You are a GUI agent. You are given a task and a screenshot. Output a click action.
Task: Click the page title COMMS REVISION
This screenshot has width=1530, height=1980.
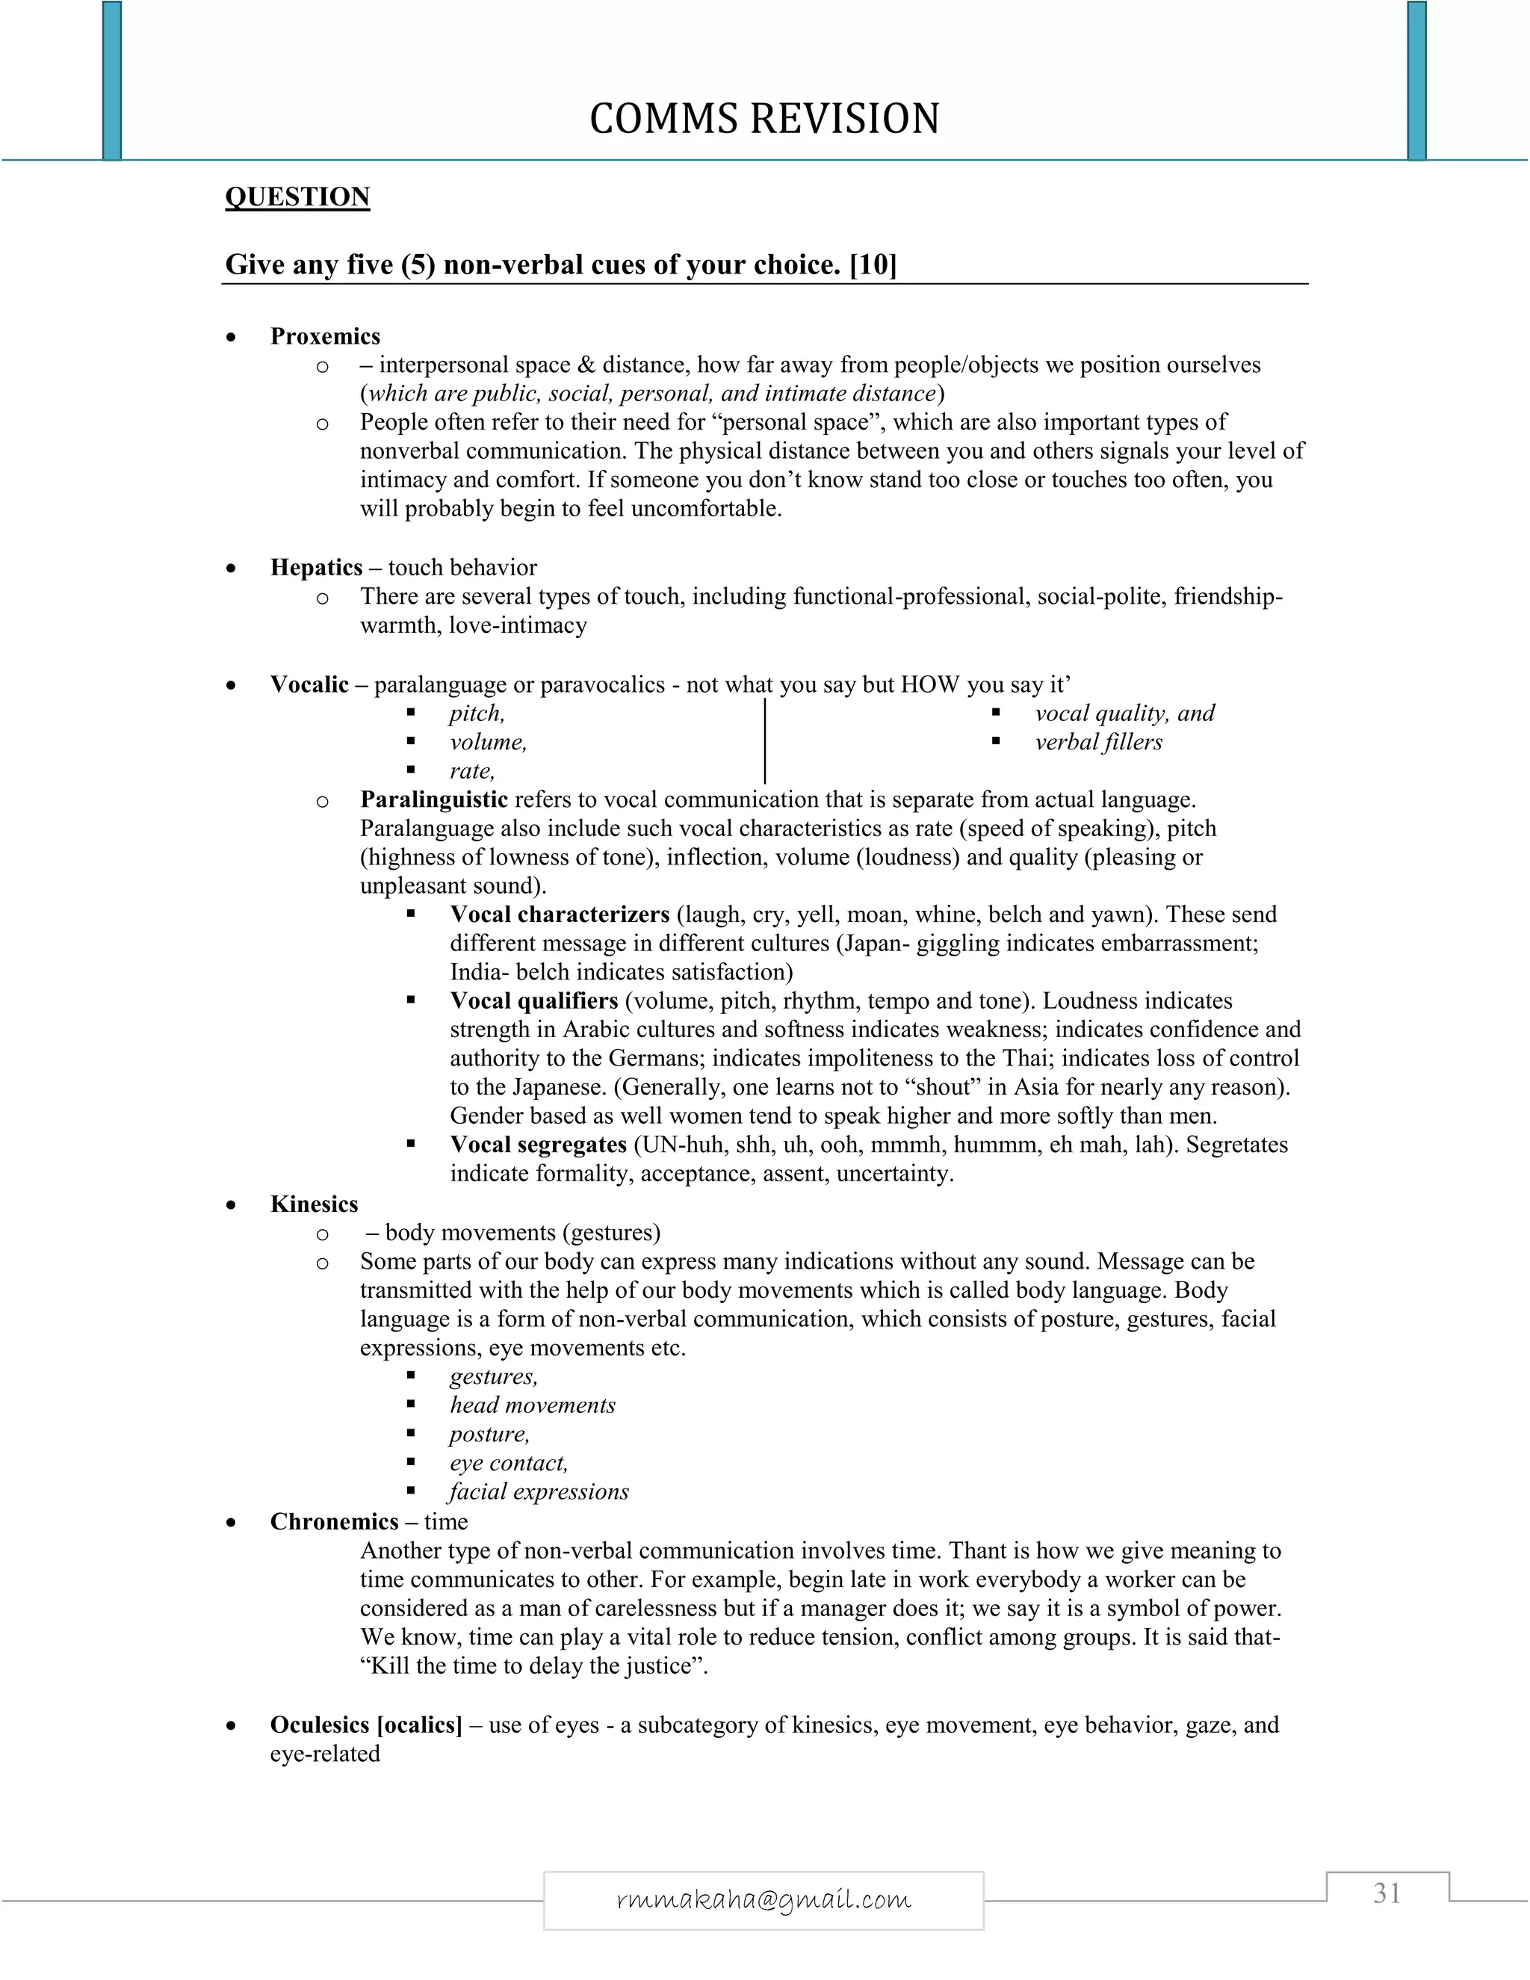tap(764, 119)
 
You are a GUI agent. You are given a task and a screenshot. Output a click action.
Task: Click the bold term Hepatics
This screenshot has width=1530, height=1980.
tap(315, 568)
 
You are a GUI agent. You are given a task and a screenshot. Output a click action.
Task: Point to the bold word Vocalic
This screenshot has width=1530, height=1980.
tap(309, 684)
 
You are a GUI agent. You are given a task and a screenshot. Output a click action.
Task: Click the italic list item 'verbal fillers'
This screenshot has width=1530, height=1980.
tap(1098, 743)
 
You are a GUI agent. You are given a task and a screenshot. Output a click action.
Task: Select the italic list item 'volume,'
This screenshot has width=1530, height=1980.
tap(488, 743)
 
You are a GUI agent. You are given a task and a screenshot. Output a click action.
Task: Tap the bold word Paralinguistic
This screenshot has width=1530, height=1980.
tap(433, 799)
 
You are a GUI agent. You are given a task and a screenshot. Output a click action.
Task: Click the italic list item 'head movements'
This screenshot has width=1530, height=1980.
tap(532, 1405)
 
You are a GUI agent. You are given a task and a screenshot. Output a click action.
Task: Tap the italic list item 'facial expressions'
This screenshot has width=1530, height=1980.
tap(539, 1491)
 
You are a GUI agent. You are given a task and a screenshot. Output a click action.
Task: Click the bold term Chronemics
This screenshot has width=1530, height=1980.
tap(333, 1521)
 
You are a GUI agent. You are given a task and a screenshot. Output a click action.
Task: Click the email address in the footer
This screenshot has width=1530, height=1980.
tap(764, 1899)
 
